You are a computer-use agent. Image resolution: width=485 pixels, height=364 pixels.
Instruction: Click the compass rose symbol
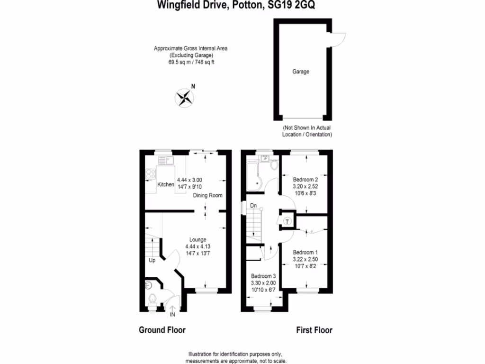pos(185,98)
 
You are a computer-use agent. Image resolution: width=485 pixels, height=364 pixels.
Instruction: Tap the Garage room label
pos(300,72)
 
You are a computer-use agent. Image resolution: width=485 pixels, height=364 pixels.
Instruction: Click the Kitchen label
pos(166,184)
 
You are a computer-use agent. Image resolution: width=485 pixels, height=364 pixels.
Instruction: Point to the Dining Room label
pos(207,195)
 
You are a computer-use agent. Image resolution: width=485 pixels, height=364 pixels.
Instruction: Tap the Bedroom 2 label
pos(305,180)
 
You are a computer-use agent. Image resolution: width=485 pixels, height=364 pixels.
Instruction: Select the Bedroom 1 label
pos(305,252)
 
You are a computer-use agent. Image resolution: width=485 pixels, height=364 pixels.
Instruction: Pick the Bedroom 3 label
pos(263,276)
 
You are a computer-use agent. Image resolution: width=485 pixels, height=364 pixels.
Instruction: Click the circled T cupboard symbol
pos(287,221)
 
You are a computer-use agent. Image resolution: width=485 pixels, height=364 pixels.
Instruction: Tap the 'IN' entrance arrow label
pos(172,314)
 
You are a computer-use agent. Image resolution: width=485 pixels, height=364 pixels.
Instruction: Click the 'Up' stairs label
pos(152,261)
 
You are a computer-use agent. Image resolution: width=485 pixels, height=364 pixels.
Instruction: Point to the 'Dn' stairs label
pos(253,206)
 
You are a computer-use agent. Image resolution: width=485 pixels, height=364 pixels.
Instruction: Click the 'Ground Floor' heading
pos(162,330)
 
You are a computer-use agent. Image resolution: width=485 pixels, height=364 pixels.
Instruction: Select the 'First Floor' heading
pos(314,330)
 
